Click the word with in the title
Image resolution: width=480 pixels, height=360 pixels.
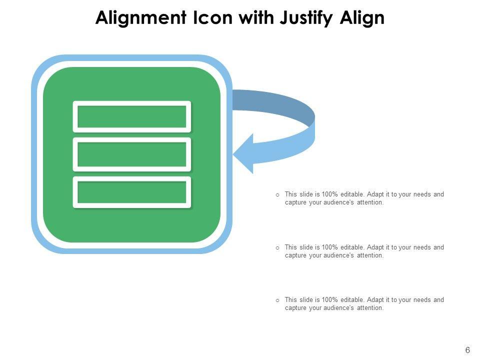(x=253, y=18)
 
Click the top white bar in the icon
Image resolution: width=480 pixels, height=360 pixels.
(x=132, y=116)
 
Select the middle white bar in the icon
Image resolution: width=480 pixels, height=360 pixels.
(x=132, y=154)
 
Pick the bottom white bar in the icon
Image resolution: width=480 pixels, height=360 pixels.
(x=132, y=192)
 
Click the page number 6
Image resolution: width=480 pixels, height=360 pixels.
(x=467, y=350)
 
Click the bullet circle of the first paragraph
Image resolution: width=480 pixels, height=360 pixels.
(x=277, y=194)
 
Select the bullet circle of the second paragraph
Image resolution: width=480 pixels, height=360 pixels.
(x=277, y=247)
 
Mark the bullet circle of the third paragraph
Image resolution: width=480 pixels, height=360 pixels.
(x=277, y=300)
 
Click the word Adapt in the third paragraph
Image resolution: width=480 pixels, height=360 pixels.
(x=375, y=300)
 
